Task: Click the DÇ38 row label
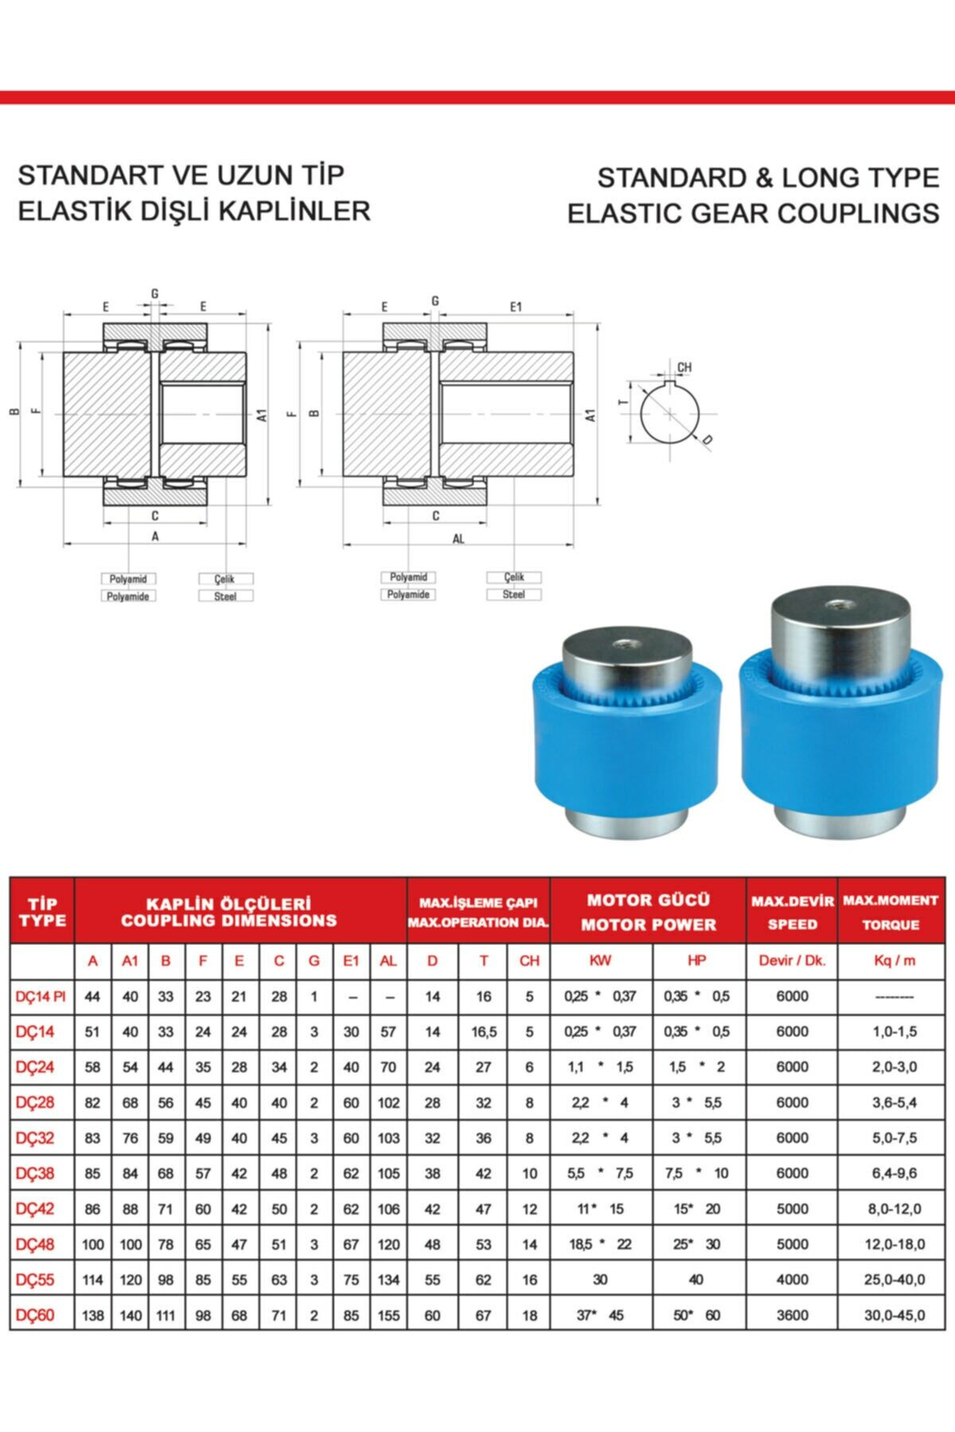point(35,1173)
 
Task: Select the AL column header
point(388,961)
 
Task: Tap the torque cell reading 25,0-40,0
point(895,1280)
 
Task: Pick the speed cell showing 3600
point(792,1315)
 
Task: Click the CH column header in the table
point(529,961)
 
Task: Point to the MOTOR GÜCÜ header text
point(648,901)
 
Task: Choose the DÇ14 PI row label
point(41,996)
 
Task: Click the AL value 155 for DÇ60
point(388,1315)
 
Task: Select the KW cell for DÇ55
point(600,1280)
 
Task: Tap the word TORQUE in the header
point(891,925)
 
